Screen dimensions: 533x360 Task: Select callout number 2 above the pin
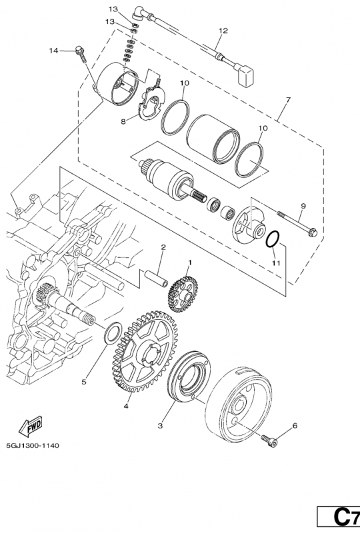click(x=162, y=247)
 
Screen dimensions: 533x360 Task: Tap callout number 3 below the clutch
click(x=160, y=424)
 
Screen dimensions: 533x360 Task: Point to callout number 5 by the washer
click(x=84, y=382)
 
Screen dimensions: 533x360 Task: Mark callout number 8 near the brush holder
click(x=123, y=122)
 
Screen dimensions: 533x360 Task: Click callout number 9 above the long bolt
click(x=303, y=206)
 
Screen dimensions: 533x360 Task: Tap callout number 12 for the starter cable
click(x=223, y=31)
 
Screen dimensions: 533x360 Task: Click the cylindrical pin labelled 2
click(x=161, y=274)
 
